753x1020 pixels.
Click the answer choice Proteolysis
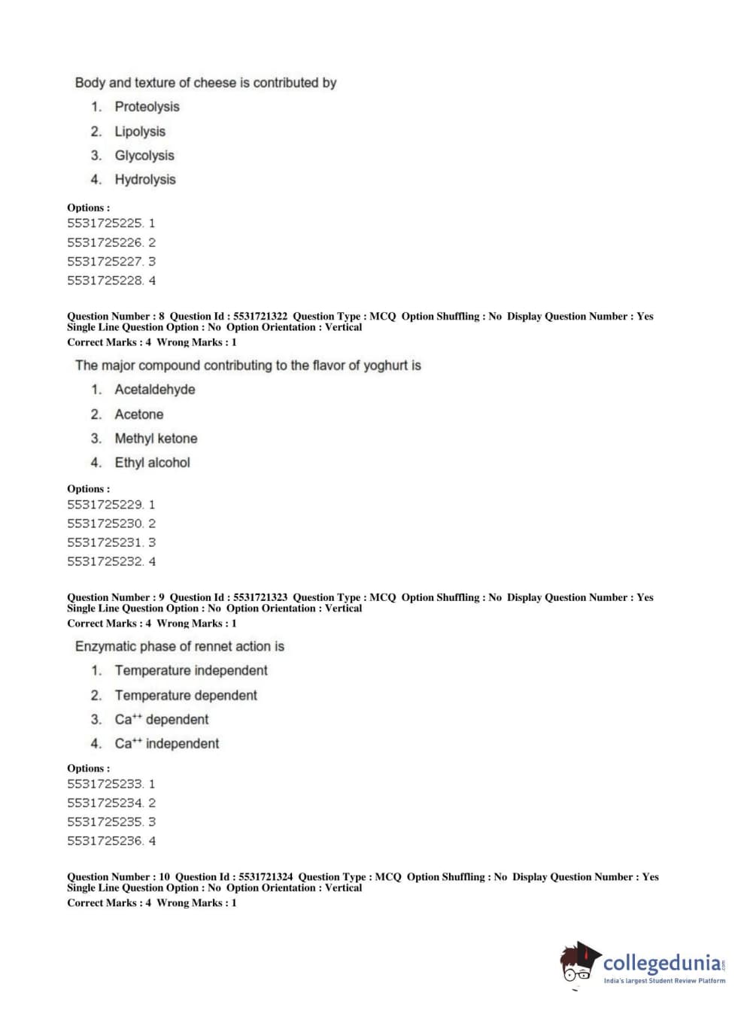147,107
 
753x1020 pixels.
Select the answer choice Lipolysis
140,132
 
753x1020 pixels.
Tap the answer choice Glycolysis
144,156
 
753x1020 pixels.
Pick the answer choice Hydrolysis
145,180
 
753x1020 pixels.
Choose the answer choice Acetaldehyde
155,390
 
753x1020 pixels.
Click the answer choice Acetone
139,414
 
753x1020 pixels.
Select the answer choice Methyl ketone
156,439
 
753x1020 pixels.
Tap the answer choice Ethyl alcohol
152,463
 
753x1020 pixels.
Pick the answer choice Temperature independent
191,670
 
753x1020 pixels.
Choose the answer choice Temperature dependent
186,695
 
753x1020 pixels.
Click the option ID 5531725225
105,223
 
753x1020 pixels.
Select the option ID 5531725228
105,281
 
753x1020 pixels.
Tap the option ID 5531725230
105,524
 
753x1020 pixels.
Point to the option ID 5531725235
105,822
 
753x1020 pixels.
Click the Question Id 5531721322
260,317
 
